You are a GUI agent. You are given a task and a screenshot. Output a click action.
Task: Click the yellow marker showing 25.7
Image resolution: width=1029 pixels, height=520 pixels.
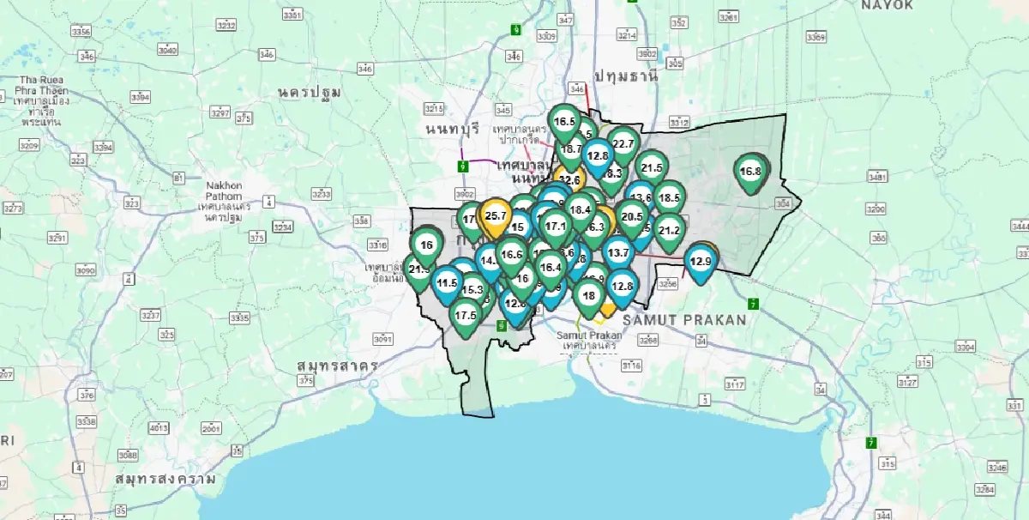point(495,215)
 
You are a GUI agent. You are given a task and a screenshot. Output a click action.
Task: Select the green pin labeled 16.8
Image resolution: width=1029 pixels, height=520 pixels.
point(750,172)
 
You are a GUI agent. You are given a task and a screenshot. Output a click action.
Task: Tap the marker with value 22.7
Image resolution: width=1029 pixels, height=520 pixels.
point(623,144)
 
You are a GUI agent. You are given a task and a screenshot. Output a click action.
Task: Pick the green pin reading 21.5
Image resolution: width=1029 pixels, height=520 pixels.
point(652,168)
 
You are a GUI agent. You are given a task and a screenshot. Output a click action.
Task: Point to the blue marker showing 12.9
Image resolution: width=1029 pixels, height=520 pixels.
point(701,261)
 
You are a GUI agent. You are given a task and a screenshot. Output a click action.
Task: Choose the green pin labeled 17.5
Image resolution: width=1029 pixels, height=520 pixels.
point(466,315)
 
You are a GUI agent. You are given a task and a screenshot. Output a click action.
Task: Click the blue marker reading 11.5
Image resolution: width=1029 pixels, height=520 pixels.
point(447,282)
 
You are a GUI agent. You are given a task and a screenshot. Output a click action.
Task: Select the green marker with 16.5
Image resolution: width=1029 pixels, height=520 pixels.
point(564,122)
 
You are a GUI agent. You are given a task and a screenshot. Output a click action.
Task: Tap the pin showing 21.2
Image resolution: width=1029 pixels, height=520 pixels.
point(669,230)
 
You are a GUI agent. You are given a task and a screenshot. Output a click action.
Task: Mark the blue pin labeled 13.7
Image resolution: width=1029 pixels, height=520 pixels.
point(617,252)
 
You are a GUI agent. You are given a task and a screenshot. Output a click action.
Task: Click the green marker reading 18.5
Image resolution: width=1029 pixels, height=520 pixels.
point(668,198)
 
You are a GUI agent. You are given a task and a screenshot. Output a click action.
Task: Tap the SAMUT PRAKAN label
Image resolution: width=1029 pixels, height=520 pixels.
point(684,319)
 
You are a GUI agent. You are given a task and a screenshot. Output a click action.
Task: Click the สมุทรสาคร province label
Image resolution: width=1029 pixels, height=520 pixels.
point(338,366)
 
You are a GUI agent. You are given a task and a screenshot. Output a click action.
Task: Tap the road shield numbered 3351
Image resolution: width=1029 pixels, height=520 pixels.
point(292,15)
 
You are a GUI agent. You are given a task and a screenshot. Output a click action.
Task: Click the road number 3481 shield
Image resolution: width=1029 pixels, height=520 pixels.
point(876,177)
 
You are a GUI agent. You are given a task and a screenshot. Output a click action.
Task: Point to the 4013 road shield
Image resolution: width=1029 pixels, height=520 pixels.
point(159,427)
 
